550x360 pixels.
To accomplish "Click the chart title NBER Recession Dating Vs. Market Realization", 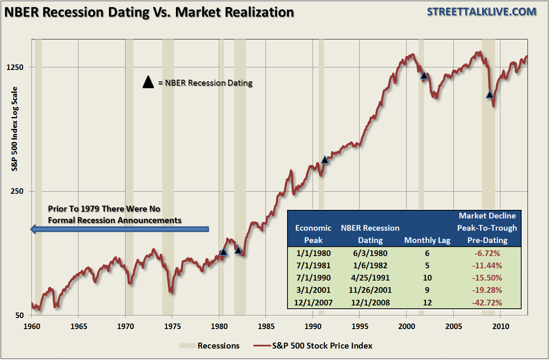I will click(149, 12).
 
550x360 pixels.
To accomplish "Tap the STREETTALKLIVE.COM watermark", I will click(481, 12).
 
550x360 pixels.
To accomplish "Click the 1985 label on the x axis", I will click(266, 327).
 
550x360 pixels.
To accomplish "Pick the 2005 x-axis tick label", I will click(453, 327).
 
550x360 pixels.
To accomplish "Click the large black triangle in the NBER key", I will click(148, 82).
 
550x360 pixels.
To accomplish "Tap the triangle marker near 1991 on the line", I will click(325, 160).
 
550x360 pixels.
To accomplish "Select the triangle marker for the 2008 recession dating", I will click(490, 94).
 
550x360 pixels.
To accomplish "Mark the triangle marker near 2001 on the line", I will click(424, 75).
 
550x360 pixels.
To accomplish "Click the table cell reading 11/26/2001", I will click(370, 290).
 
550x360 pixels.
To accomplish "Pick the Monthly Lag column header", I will click(427, 240).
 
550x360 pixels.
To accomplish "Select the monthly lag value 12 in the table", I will click(427, 303).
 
